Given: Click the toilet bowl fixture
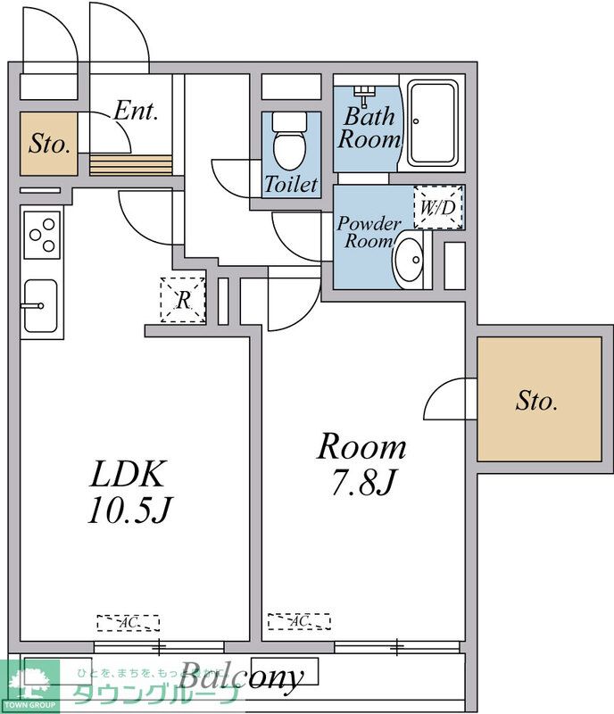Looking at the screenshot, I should click(x=289, y=143).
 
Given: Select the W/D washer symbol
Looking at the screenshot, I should click(x=438, y=208).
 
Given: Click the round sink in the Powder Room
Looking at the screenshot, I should click(x=411, y=259).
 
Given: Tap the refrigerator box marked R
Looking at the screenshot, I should click(x=183, y=301).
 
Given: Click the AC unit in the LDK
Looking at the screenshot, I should click(x=128, y=622).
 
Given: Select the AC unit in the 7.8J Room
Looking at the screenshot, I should click(x=299, y=621).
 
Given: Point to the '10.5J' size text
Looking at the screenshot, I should click(x=129, y=510).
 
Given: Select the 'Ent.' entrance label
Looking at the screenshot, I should click(x=136, y=112).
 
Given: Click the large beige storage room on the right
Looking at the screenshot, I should click(x=537, y=401).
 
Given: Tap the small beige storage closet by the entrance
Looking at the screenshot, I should click(x=49, y=143).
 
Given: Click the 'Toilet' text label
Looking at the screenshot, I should click(x=291, y=185).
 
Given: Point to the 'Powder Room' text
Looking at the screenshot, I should click(x=369, y=232).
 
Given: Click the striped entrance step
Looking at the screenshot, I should click(x=130, y=165).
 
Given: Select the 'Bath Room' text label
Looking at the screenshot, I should click(x=369, y=128).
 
